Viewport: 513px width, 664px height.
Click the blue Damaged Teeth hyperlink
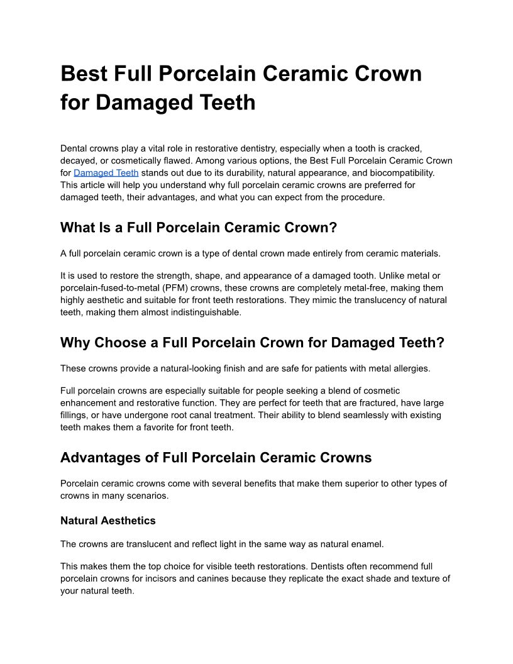tap(106, 172)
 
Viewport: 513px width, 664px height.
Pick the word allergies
tap(411, 368)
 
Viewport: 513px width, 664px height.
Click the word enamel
tap(367, 544)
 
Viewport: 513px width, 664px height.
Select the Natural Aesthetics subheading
tap(108, 521)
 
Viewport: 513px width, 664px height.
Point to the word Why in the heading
tap(74, 343)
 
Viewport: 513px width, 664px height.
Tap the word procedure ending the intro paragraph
tap(361, 197)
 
